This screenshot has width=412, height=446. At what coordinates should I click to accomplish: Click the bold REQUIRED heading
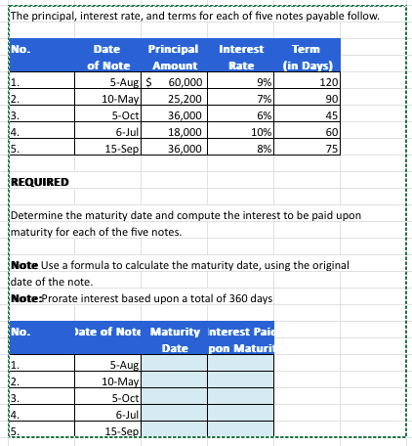[39, 183]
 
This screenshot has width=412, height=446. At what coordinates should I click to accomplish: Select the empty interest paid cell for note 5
[240, 431]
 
